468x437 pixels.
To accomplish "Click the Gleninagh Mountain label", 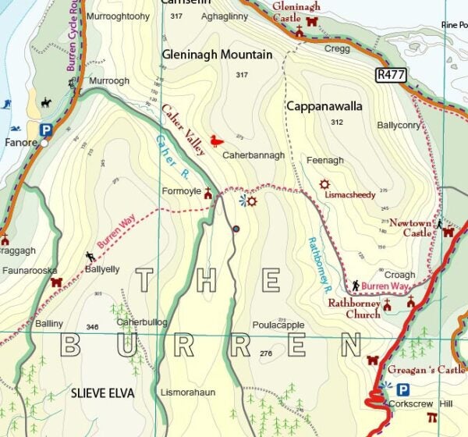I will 217,55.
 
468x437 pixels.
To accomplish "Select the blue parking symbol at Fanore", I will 46,130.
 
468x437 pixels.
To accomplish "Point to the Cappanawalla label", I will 324,106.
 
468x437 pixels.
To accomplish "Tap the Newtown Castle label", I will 411,227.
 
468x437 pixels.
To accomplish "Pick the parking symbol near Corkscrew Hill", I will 402,389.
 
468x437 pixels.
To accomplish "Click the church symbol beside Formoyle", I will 207,192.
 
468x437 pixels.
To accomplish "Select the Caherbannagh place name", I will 253,156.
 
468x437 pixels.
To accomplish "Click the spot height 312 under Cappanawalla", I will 336,123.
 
